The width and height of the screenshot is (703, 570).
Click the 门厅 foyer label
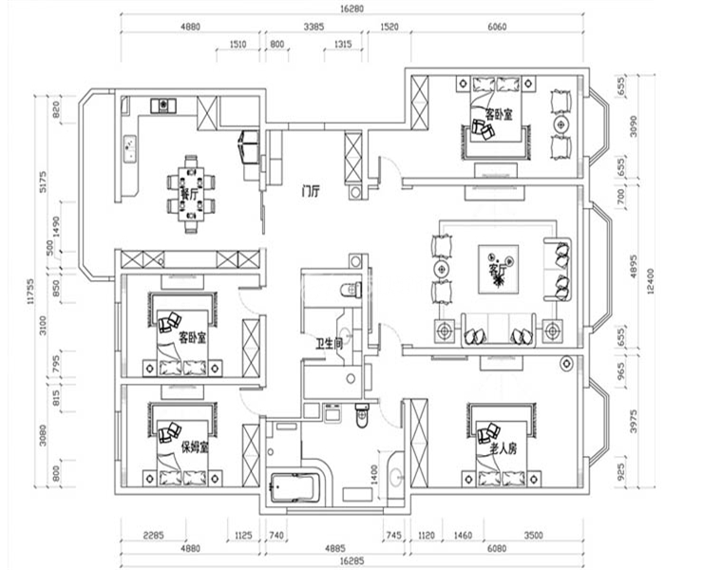309,189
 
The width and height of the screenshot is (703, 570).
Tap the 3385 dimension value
314,28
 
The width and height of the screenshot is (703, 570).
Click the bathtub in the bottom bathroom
297,486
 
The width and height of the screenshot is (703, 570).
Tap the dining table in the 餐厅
191,194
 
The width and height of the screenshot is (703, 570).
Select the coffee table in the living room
497,264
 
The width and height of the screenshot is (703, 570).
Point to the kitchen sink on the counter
129,148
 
